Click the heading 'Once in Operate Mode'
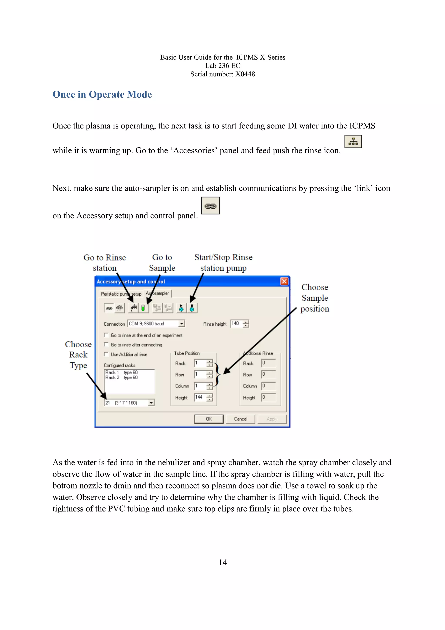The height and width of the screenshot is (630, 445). pyautogui.click(x=102, y=94)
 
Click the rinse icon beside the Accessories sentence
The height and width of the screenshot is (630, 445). pyautogui.click(x=353, y=142)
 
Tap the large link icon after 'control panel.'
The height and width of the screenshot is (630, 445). pyautogui.click(x=210, y=206)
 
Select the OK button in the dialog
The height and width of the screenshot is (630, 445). pyautogui.click(x=209, y=419)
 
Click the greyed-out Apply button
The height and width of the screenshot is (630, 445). pyautogui.click(x=272, y=419)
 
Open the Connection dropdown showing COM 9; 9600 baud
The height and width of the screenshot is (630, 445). pyautogui.click(x=181, y=324)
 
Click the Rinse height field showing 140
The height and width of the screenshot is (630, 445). pyautogui.click(x=236, y=323)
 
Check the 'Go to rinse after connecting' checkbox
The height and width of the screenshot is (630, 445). pyautogui.click(x=106, y=345)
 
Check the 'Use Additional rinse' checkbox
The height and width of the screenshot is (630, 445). pyautogui.click(x=106, y=354)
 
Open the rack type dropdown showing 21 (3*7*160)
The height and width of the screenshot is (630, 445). pyautogui.click(x=151, y=403)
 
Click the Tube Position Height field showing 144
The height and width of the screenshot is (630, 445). pyautogui.click(x=200, y=397)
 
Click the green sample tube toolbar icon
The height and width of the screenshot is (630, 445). pyautogui.click(x=143, y=308)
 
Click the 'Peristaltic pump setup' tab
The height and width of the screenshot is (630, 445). pyautogui.click(x=121, y=294)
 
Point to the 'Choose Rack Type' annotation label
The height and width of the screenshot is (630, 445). pyautogui.click(x=78, y=355)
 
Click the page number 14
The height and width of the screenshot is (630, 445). pyautogui.click(x=223, y=563)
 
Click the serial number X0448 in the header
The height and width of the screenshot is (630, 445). pyautogui.click(x=245, y=74)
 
